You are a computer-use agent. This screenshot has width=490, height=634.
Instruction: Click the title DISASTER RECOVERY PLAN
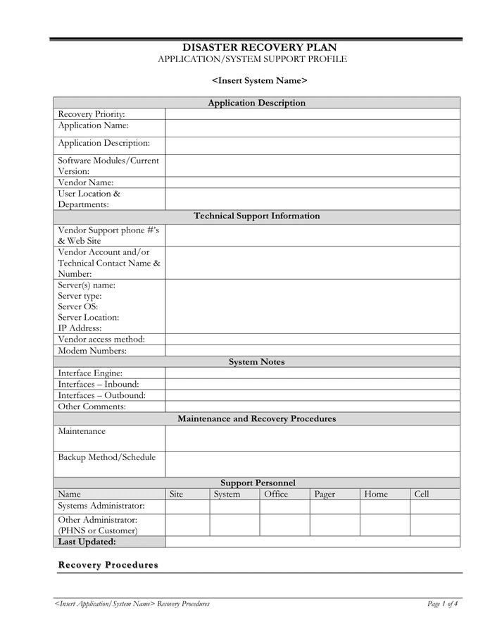[260, 47]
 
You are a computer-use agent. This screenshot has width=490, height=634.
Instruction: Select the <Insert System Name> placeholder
[260, 80]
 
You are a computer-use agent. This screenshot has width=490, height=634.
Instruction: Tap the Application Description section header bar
[257, 103]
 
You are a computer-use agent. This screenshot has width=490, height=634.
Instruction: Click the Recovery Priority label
[92, 114]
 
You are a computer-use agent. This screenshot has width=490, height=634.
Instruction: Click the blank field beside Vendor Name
[313, 182]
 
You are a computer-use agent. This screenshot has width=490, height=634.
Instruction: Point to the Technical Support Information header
[257, 216]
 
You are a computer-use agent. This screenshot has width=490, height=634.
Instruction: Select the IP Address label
[80, 328]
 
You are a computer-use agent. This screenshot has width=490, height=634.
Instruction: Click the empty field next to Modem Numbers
[313, 350]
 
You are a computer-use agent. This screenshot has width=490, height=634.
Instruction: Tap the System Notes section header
[257, 362]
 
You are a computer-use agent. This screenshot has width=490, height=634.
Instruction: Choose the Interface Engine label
[90, 373]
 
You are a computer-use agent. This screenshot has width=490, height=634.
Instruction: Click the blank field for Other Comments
[313, 406]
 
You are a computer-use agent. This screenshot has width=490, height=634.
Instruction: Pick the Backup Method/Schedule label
[107, 457]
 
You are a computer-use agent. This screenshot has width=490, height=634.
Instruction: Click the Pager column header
[325, 495]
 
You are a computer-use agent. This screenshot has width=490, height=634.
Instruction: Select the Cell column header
[422, 495]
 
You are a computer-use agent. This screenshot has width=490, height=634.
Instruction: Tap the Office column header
[276, 495]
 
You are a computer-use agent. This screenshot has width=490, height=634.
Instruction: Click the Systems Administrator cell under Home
[385, 506]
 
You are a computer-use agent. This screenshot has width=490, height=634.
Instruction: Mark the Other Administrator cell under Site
[187, 525]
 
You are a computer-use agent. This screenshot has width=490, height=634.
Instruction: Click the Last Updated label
[87, 542]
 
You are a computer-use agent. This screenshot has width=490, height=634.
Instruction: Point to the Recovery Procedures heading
[108, 565]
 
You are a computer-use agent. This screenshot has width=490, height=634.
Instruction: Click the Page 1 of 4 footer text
[443, 604]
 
